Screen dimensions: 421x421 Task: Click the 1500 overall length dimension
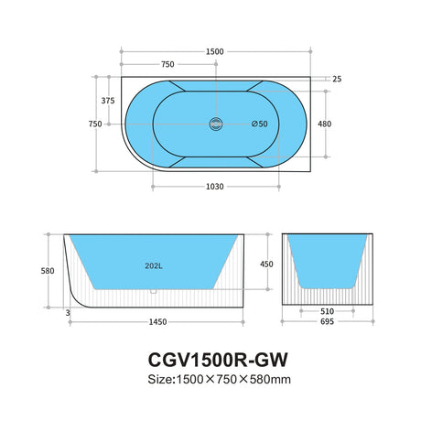[x=215, y=52]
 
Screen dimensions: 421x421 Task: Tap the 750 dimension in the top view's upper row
[x=168, y=65]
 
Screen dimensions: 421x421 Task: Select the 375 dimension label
[x=107, y=102]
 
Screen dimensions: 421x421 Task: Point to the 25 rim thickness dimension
[x=337, y=79]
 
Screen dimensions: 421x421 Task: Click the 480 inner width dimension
[x=324, y=124]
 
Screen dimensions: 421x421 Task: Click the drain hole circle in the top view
[x=217, y=124]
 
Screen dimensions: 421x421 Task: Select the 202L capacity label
[x=155, y=267]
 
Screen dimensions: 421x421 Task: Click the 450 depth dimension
[x=265, y=264]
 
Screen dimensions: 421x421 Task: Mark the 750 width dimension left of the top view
[x=94, y=124]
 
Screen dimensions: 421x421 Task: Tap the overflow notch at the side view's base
[x=155, y=294]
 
